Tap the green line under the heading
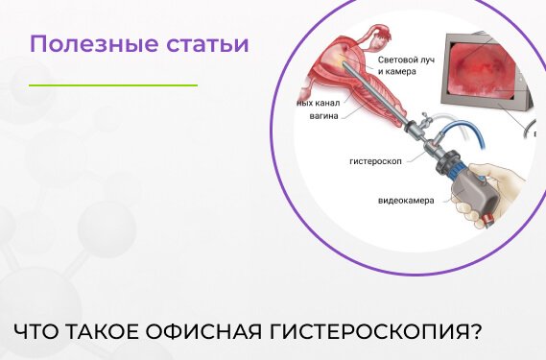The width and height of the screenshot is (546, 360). [112, 85]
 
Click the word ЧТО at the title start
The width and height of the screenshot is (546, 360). [37, 331]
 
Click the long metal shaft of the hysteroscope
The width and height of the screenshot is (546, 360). [384, 104]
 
